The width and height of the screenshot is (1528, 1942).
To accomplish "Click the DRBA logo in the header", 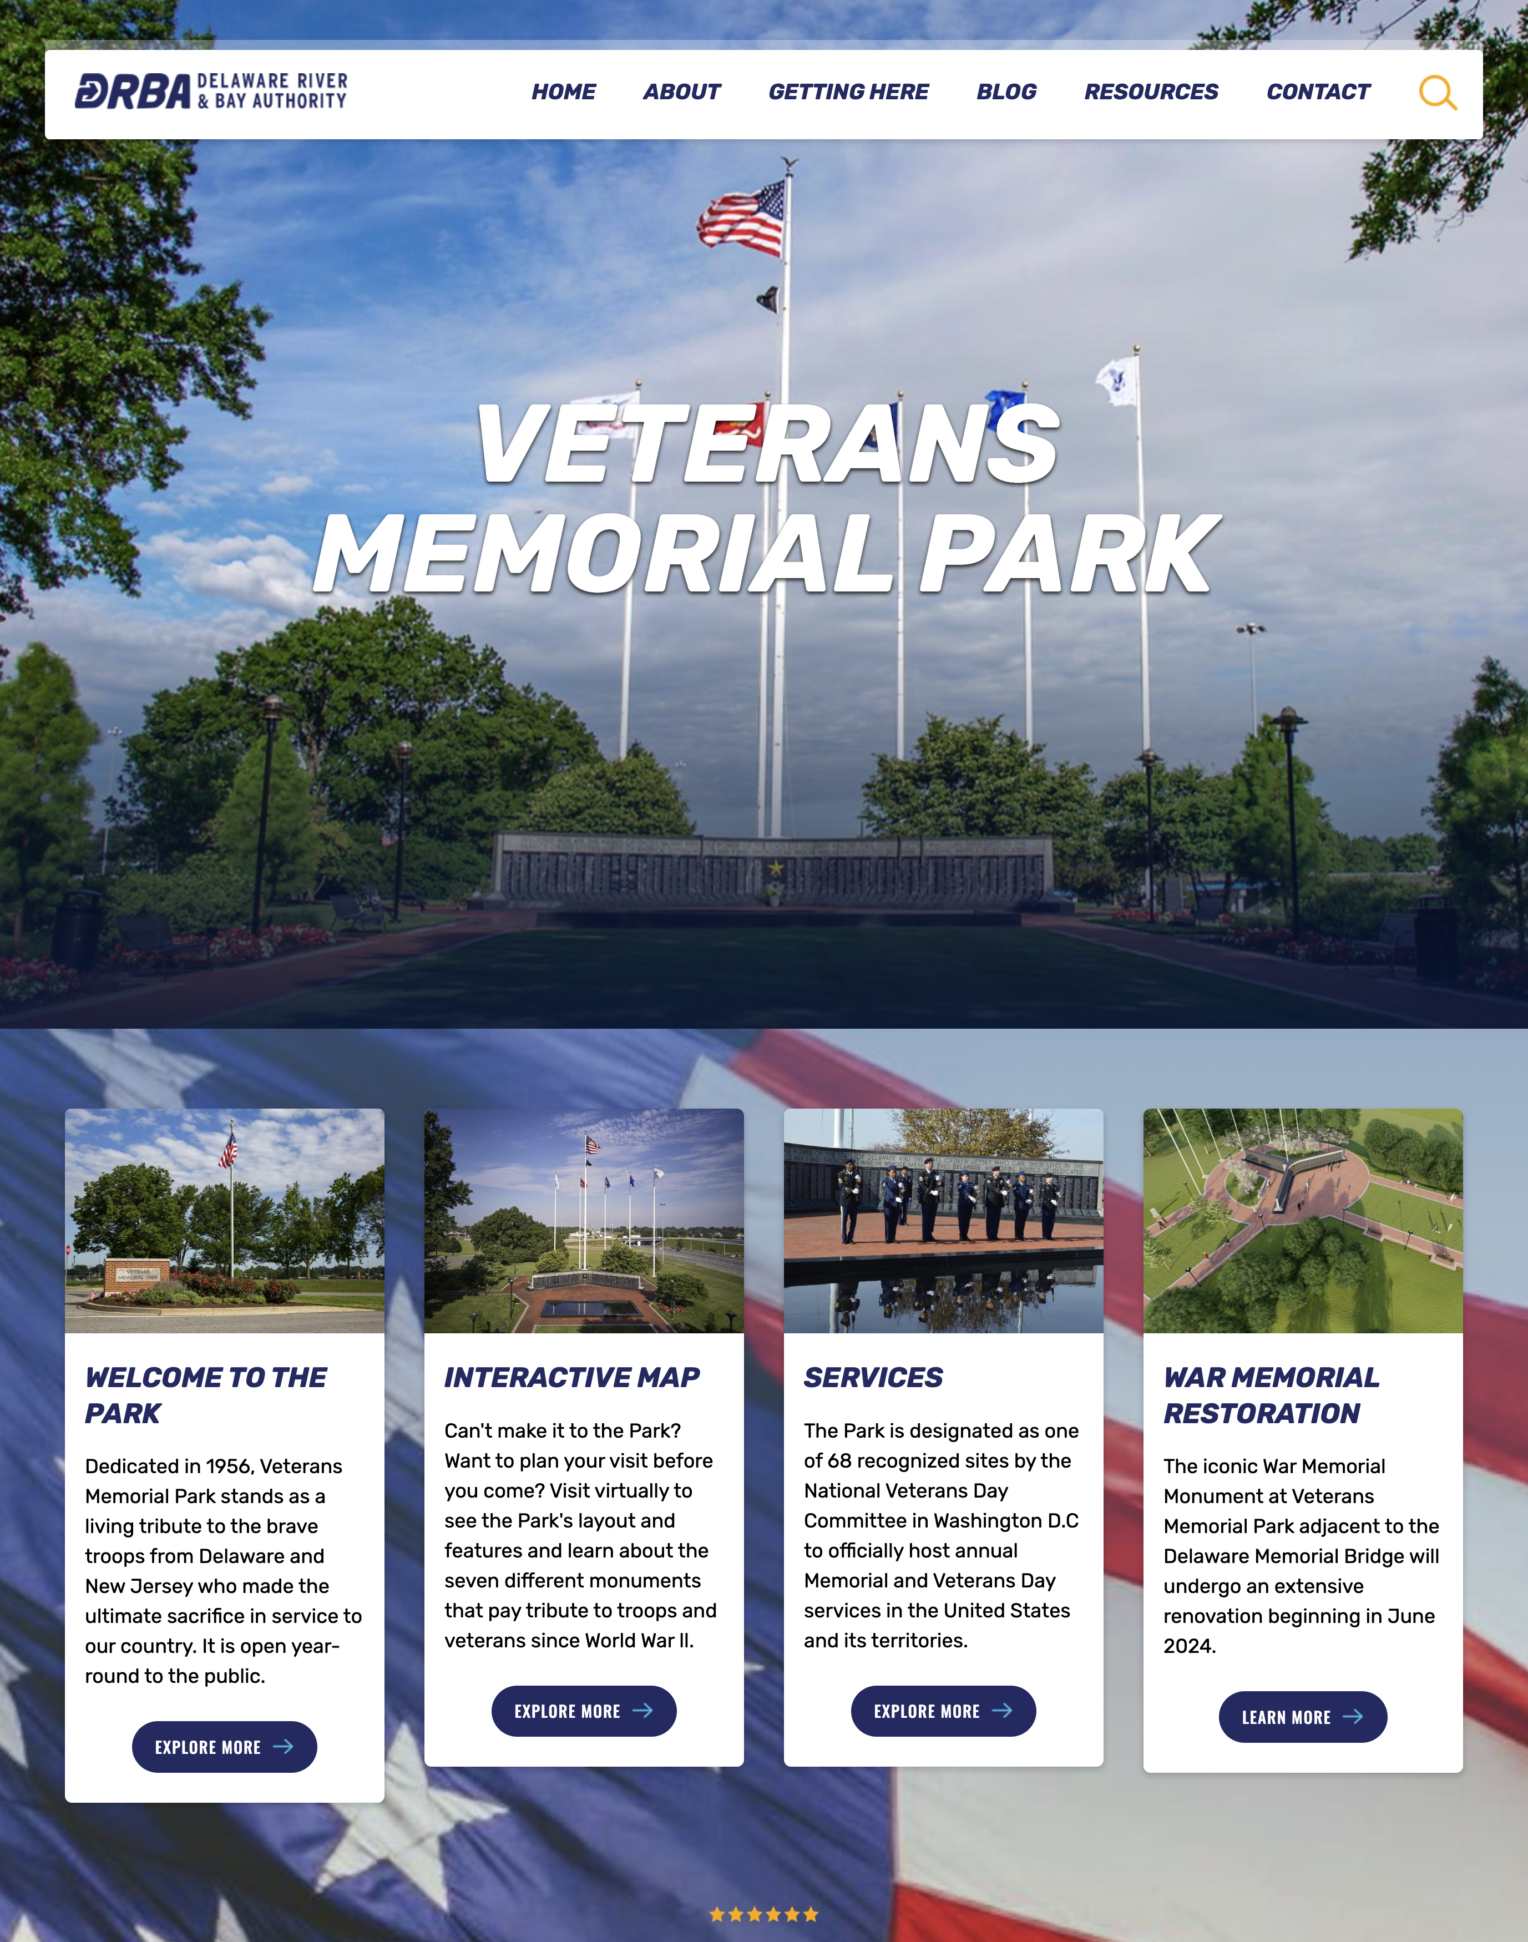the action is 211,91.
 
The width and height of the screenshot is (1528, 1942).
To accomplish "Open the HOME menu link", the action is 564,92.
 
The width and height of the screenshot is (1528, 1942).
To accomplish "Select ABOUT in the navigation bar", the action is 682,92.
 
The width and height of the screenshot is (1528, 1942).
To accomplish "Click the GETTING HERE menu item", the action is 848,92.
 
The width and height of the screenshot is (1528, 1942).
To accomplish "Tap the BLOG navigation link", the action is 1006,92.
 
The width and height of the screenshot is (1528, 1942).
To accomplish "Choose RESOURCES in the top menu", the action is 1151,92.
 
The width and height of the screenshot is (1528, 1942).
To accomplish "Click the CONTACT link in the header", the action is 1318,92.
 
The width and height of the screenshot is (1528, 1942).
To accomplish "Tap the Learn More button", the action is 1303,1717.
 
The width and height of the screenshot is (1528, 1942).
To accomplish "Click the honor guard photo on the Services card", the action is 943,1221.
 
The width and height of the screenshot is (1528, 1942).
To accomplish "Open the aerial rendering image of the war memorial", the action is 1303,1221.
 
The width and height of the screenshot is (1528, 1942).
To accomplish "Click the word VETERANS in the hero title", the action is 767,444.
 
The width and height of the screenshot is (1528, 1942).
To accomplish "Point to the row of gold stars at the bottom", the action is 764,1914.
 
